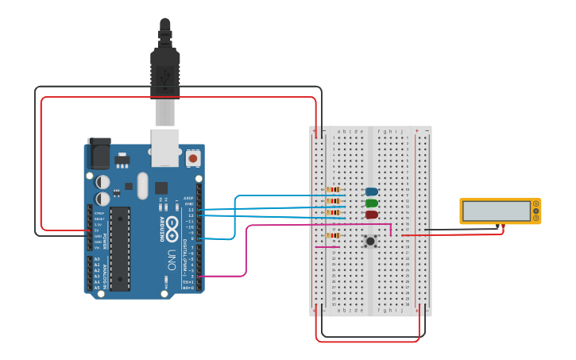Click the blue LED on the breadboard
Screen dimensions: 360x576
pyautogui.click(x=372, y=191)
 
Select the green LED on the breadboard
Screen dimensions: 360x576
pyautogui.click(x=372, y=203)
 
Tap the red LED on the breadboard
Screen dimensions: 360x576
pyautogui.click(x=372, y=215)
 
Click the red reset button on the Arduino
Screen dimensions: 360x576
pyautogui.click(x=192, y=159)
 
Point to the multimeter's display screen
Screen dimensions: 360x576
pyautogui.click(x=497, y=211)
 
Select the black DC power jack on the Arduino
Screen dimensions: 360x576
pyautogui.click(x=99, y=153)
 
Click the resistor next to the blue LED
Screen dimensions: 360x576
pyautogui.click(x=334, y=190)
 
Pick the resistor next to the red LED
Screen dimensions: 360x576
pyautogui.click(x=334, y=213)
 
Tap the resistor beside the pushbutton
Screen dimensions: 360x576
pyautogui.click(x=334, y=235)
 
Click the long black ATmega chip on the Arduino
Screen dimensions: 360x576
pyautogui.click(x=120, y=247)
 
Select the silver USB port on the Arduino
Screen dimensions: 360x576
pyautogui.click(x=165, y=147)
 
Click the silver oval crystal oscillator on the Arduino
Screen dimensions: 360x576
pyautogui.click(x=142, y=186)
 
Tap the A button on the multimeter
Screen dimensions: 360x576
pyautogui.click(x=536, y=205)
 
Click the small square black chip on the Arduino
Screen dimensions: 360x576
pyautogui.click(x=161, y=188)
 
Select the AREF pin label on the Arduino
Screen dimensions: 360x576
pyautogui.click(x=188, y=198)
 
